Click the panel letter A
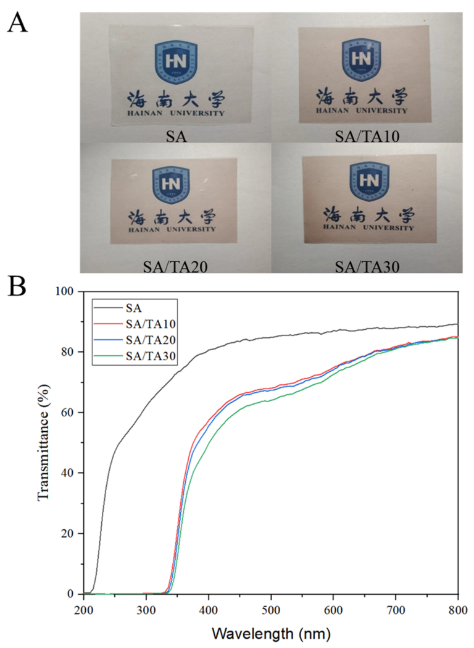[18, 22]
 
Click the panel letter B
[17, 287]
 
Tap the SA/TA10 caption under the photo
[367, 135]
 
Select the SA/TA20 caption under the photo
[175, 266]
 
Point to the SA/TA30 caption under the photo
[367, 266]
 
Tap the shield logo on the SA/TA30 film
[369, 181]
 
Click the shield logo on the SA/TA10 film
[361, 60]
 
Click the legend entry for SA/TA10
[135, 324]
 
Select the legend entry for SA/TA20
[135, 340]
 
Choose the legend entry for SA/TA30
[135, 356]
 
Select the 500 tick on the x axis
[271, 610]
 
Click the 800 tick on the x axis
[458, 610]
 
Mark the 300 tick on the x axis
[146, 610]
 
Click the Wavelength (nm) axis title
[272, 633]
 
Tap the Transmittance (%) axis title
[43, 442]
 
